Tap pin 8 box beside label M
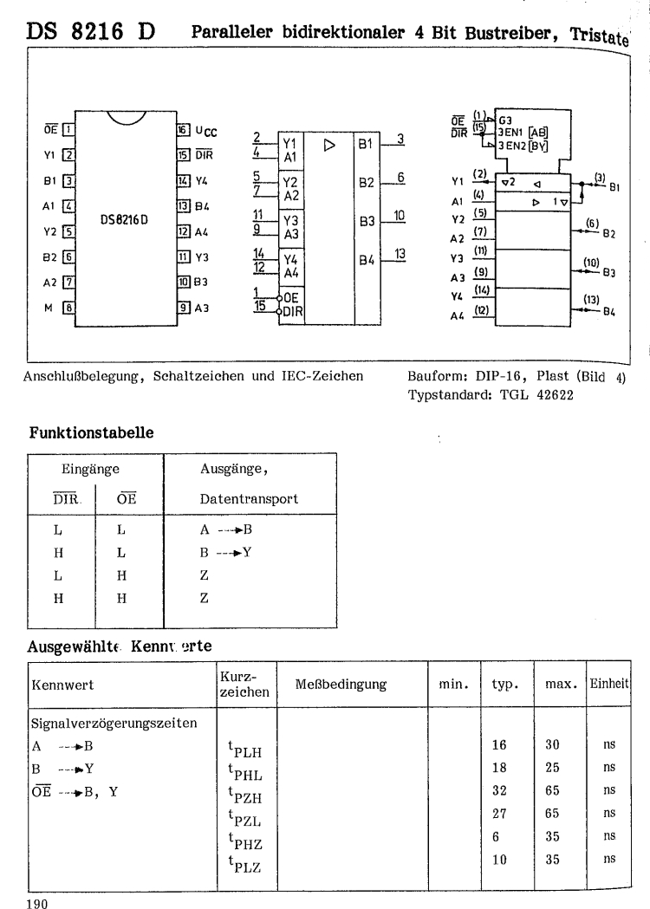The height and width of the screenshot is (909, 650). [x=67, y=306]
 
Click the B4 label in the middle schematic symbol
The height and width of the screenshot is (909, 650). [x=365, y=258]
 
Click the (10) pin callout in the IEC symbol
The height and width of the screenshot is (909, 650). [x=591, y=261]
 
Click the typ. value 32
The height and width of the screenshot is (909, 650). [x=501, y=789]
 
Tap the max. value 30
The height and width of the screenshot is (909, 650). [x=552, y=743]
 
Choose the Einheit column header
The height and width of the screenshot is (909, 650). [x=608, y=685]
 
